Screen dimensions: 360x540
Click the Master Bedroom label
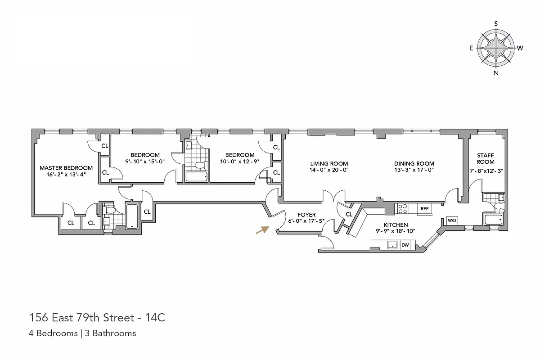[x=66, y=168]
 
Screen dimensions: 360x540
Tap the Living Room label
[x=329, y=163]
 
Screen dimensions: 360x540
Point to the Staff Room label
[x=486, y=158]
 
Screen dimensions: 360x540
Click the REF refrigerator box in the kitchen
[x=424, y=209]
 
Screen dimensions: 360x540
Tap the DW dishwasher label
[x=405, y=245]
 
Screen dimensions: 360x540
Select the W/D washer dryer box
[x=451, y=221]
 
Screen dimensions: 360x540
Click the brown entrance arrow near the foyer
[x=262, y=230]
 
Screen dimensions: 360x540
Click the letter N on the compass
[x=496, y=73]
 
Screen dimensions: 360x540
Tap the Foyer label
[x=306, y=215]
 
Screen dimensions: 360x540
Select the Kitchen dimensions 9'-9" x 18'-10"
[x=396, y=231]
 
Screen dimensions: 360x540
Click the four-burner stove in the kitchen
[x=402, y=209]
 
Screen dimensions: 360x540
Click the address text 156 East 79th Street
[x=81, y=318]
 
